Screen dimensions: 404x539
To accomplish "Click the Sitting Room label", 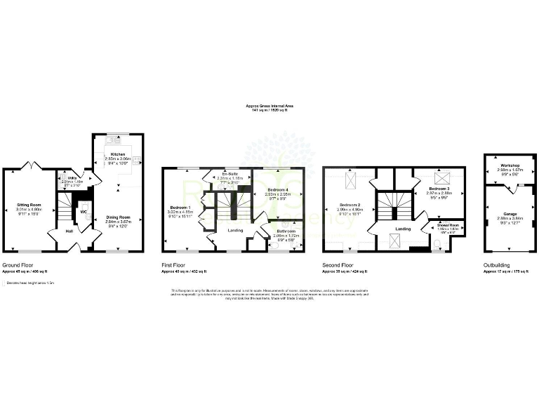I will pos(30,204).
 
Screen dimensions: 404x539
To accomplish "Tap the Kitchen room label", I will pos(117,153).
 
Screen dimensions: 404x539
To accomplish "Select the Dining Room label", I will pos(117,217).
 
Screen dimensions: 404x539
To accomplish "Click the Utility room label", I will pos(72,179).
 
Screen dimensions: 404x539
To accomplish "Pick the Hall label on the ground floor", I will pos(69,231).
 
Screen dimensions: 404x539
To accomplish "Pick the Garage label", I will pos(510,213).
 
